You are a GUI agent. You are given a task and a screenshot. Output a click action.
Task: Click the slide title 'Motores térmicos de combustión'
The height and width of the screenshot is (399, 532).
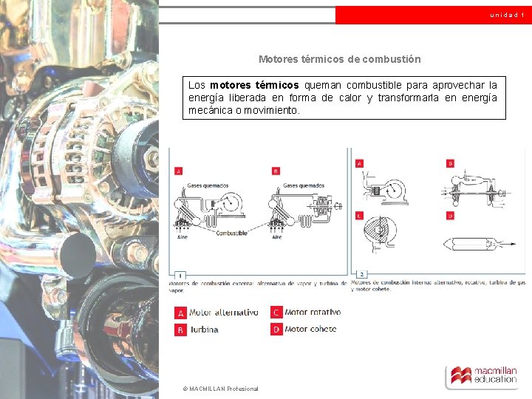click(x=339, y=59)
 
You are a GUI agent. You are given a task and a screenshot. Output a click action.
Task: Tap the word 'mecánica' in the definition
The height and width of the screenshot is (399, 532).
click(x=211, y=110)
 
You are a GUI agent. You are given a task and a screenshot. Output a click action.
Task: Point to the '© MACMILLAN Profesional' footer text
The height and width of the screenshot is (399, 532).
click(x=220, y=389)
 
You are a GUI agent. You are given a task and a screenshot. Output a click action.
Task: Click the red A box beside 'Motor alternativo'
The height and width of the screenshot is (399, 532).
click(x=180, y=313)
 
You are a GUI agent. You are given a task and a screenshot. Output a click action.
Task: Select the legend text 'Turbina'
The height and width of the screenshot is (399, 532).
click(x=204, y=330)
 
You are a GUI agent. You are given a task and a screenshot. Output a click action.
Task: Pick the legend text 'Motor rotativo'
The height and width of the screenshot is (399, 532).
click(x=313, y=313)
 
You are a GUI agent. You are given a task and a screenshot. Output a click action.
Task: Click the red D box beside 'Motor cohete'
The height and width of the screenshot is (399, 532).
click(x=276, y=330)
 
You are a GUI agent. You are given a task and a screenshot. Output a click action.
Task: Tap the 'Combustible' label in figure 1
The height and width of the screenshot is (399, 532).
click(x=231, y=233)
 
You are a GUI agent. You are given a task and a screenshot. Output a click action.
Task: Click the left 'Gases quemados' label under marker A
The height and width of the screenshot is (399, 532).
click(x=208, y=185)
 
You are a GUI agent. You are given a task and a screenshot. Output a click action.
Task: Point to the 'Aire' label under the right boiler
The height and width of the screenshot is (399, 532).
click(x=277, y=237)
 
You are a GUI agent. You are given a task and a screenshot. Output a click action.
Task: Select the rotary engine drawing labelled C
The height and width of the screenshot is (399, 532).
click(x=381, y=236)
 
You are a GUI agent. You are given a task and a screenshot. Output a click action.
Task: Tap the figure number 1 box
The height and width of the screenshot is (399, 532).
click(x=180, y=275)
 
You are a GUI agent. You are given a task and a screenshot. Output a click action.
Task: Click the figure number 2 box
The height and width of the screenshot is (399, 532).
click(x=362, y=274)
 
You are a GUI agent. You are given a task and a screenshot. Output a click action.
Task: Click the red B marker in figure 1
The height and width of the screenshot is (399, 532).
click(x=276, y=171)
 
